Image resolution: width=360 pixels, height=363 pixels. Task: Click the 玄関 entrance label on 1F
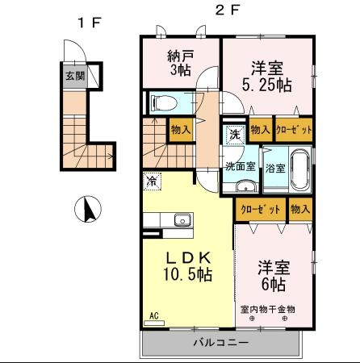click(x=75, y=76)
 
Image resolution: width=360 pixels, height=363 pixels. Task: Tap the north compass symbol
click(x=88, y=209)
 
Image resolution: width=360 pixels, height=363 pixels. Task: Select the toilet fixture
click(x=164, y=102)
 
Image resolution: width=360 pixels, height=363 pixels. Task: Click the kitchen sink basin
click(x=182, y=219)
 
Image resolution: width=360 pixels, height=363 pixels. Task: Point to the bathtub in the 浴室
click(x=299, y=169)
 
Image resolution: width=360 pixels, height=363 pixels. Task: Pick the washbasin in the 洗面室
click(x=246, y=186)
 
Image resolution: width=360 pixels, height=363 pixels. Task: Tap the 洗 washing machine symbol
click(x=235, y=134)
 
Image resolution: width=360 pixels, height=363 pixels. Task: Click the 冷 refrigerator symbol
click(x=152, y=181)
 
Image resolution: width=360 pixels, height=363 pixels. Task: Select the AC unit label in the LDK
click(x=154, y=315)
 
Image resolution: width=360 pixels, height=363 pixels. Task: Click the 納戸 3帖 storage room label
click(x=180, y=63)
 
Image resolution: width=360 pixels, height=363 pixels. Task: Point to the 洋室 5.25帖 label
click(x=267, y=77)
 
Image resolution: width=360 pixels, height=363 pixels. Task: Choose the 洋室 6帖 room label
click(x=274, y=276)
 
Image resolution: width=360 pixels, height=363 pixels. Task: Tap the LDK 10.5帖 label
click(x=188, y=266)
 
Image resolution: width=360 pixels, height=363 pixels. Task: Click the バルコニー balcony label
click(x=221, y=343)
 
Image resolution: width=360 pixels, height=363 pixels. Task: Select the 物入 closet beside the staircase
click(x=181, y=130)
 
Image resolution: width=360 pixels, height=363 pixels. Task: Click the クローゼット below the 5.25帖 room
click(x=294, y=130)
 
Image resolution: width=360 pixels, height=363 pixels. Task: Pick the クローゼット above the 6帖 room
click(x=261, y=209)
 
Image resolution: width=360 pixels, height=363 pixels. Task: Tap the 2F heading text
click(x=228, y=10)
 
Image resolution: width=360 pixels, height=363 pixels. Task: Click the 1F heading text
click(x=90, y=23)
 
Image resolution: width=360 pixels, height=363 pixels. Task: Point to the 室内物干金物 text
click(x=267, y=310)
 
